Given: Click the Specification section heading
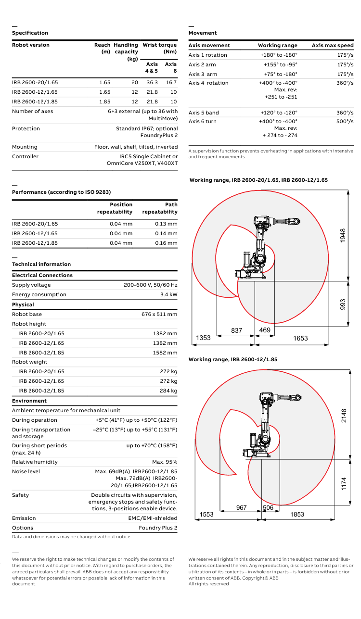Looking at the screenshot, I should point(30,33).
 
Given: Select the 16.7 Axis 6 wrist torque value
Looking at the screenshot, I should point(171,83).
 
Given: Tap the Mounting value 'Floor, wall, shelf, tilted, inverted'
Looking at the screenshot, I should point(136,147).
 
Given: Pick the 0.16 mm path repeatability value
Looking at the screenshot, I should point(166,243).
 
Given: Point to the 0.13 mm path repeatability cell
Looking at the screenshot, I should point(166,224).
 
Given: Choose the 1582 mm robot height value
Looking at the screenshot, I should point(165,353).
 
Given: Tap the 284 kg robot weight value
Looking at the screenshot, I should point(168,391).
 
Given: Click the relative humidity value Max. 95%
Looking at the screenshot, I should point(165,462).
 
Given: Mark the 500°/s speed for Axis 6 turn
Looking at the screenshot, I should point(345,122).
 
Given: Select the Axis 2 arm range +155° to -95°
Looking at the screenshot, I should point(280,64).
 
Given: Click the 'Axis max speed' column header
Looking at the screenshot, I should point(333,46).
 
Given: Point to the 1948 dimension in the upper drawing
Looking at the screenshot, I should point(343,235).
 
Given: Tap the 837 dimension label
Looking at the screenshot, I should point(236,330).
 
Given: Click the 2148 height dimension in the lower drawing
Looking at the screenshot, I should point(344,416).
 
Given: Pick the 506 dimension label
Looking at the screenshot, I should point(268,508).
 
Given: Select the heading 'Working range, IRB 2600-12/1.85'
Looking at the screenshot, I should point(233,359).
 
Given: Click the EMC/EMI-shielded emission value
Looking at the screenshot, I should point(153,518).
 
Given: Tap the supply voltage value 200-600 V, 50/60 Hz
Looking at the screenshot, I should point(150,285).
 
